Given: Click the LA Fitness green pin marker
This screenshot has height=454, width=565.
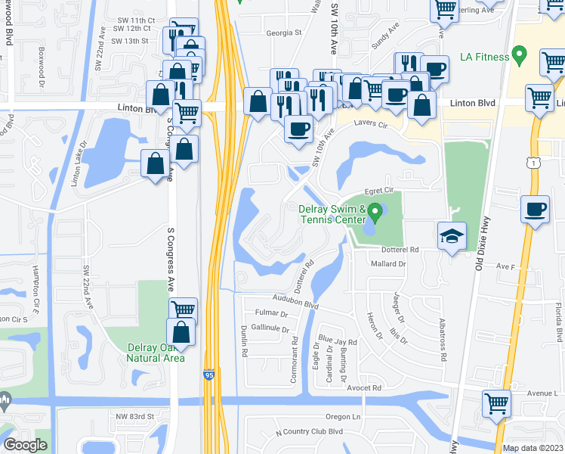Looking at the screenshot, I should [518, 54].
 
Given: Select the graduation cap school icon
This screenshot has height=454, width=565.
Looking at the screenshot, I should [452, 236].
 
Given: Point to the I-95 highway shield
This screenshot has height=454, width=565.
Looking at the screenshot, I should [208, 375].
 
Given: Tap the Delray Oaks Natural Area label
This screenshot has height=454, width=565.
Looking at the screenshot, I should [156, 353].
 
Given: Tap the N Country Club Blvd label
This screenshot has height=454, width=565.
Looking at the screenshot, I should [309, 431].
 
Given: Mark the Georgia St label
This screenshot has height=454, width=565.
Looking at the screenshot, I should [283, 33].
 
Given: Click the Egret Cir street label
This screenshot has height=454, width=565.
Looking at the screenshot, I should [380, 190].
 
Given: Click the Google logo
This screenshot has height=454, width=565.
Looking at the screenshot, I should [25, 445].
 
